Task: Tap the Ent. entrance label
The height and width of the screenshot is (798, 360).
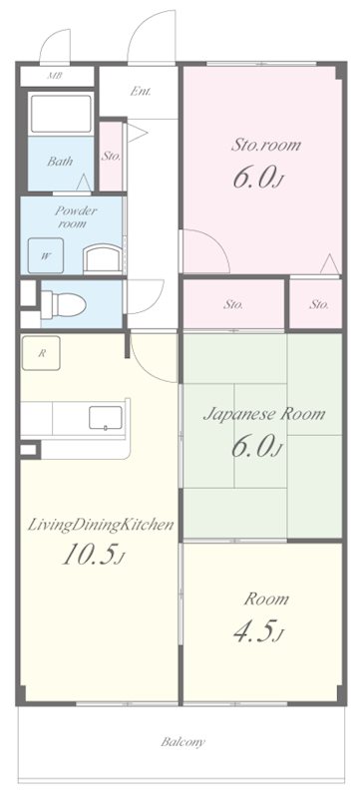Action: point(140,93)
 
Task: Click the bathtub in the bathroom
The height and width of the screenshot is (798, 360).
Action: point(60,114)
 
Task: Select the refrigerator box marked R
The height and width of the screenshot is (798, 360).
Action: point(41,353)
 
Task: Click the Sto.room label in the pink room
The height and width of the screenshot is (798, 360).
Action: point(266,145)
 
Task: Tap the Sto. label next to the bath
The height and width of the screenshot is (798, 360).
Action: point(111,156)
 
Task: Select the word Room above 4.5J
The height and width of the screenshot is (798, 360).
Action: point(267,599)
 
